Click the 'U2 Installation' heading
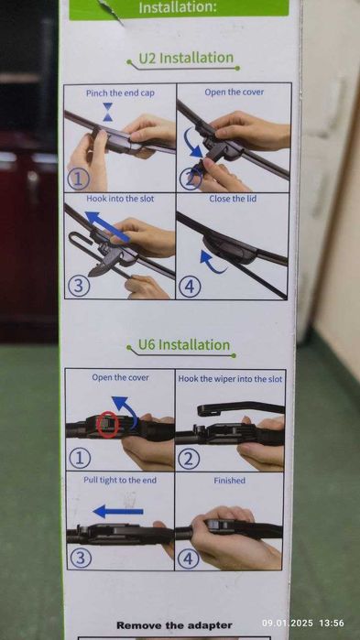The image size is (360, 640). pos(186,58)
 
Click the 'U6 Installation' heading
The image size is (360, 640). pos(184,345)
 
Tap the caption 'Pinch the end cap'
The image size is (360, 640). pos(120,93)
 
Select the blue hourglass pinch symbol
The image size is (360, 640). pos(108,112)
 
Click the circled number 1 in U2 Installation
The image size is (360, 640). pos(78,179)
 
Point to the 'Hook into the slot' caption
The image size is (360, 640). pos(120,199)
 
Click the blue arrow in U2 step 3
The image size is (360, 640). pos(108,226)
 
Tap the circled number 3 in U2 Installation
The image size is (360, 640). pos(78,286)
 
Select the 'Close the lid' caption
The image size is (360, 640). pos(233,199)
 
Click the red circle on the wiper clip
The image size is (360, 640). pos(109,425)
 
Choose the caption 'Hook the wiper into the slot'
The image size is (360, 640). pos(230,379)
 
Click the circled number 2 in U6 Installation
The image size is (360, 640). pos(189,460)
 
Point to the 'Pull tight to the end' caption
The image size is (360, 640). pos(120,480)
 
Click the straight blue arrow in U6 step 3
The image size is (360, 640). pos(118,512)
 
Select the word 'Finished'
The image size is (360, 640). pos(229,481)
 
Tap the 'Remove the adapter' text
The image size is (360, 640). pos(174,625)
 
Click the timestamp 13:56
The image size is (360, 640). pos(331,624)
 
